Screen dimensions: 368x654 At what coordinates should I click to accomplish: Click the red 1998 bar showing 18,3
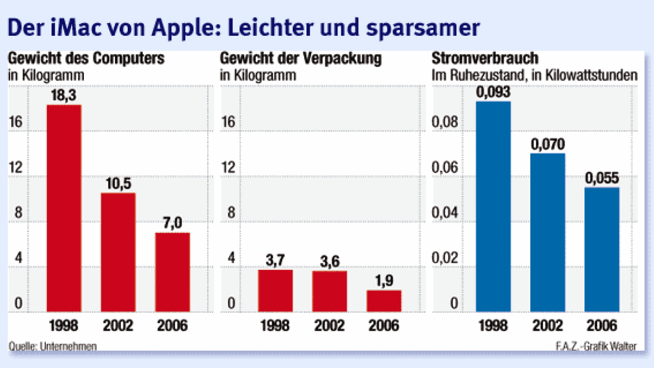click(64, 208)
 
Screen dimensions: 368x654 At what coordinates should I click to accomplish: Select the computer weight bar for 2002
click(118, 252)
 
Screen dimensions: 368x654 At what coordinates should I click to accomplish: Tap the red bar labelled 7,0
click(172, 272)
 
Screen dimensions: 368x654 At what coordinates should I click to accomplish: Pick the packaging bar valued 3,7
click(275, 290)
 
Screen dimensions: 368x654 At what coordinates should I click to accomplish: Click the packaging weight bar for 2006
click(383, 301)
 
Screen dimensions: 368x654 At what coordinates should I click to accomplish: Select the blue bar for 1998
click(493, 206)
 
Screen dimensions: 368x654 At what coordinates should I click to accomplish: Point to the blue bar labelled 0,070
click(547, 232)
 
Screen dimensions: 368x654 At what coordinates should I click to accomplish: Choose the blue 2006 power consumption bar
click(602, 249)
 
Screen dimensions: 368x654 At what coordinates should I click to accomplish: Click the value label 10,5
click(118, 184)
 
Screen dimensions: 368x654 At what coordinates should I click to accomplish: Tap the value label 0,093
click(493, 92)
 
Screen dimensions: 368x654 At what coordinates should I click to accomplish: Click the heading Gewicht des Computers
click(86, 59)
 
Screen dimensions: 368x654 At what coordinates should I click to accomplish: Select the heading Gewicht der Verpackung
click(300, 59)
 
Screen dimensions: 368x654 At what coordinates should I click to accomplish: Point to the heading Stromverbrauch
click(485, 59)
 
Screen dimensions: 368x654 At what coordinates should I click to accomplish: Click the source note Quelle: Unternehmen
click(53, 346)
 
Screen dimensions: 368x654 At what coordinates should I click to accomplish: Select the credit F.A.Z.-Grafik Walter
click(595, 346)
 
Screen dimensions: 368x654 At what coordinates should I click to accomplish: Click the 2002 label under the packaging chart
click(329, 326)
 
